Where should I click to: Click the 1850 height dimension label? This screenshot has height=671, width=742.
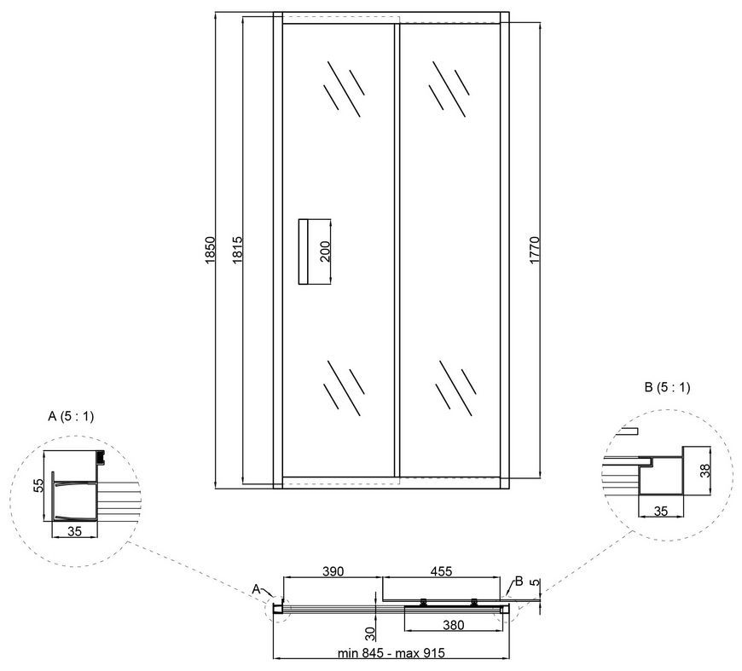pos(210,251)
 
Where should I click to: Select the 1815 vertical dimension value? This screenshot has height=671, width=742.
pos(238,251)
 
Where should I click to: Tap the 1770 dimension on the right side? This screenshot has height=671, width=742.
pos(534,251)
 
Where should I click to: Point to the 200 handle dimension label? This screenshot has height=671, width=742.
pos(325,252)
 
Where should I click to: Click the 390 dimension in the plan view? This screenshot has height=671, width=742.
pos(333,571)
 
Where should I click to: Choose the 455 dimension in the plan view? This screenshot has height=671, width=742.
pos(441,571)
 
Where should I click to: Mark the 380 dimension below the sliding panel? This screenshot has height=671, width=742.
pos(454,625)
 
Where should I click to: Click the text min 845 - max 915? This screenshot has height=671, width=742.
pos(391,653)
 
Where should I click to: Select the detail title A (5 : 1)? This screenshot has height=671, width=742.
pos(71,416)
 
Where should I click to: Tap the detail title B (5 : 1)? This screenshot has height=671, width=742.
pos(667,388)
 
